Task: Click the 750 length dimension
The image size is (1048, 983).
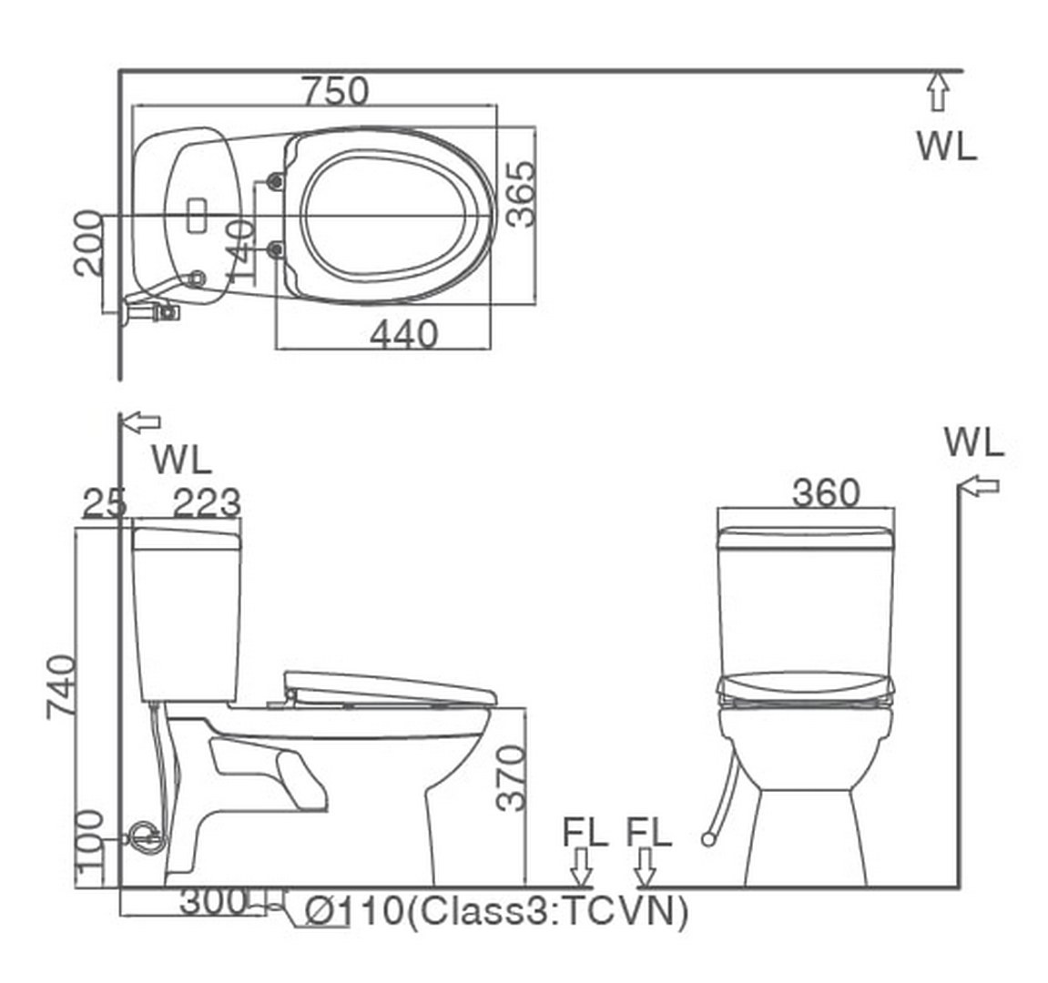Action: pos(335,91)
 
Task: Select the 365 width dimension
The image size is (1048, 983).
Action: pos(520,193)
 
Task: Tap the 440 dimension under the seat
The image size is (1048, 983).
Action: pos(403,334)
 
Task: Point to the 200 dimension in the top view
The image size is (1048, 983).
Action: pos(88,242)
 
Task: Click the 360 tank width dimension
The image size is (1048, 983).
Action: pos(825,492)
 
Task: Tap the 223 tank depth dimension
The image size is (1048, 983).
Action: pos(208,502)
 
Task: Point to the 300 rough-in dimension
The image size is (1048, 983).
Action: pos(213,901)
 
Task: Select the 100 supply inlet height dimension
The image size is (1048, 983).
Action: pos(90,846)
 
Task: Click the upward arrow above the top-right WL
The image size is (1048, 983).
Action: pos(938,92)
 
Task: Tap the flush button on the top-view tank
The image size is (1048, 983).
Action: pos(196,217)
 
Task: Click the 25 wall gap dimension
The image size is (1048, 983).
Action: pos(104,502)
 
